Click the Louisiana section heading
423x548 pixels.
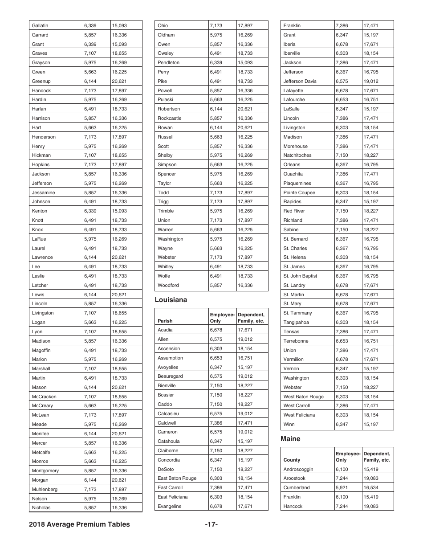(171, 300)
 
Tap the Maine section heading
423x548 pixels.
(290, 439)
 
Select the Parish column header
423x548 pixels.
(165, 321)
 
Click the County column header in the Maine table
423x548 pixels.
(292, 460)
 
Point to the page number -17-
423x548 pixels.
(211, 524)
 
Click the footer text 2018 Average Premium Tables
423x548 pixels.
(79, 524)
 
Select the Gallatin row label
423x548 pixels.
(40, 25)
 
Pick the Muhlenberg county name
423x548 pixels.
(45, 489)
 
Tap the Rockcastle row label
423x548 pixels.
(169, 119)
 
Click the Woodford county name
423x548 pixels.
(168, 285)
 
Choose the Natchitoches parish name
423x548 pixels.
(297, 155)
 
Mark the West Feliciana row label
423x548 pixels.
(299, 415)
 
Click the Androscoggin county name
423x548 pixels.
(298, 469)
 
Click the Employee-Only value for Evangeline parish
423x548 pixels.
(216, 507)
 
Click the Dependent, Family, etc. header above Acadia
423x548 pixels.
(251, 318)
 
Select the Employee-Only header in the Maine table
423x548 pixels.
(348, 457)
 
